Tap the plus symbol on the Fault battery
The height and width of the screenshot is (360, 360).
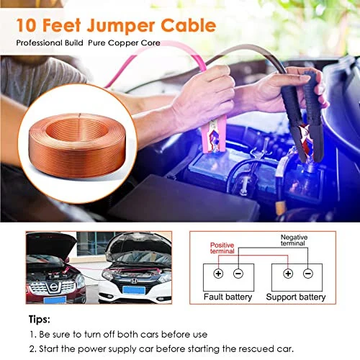[x=217, y=273]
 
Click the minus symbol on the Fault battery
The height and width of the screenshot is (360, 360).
[x=239, y=273]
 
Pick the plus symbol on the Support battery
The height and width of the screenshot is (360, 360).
[x=287, y=273]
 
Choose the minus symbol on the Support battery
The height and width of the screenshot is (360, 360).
[x=309, y=273]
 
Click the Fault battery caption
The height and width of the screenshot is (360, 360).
[x=227, y=297]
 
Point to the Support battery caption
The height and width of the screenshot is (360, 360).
[x=296, y=297]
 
